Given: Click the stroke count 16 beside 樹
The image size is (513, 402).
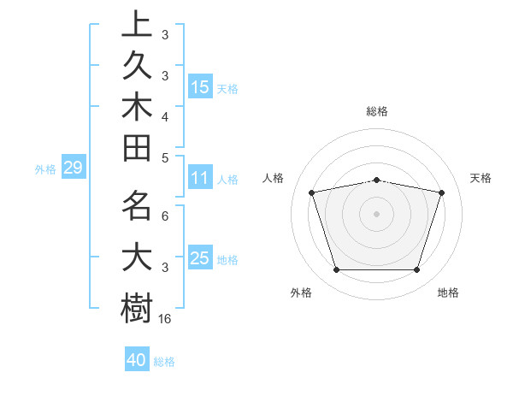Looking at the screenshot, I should tap(166, 319).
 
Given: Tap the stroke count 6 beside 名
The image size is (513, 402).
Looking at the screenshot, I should tap(165, 216).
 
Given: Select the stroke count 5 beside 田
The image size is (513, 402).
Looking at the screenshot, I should tap(165, 157).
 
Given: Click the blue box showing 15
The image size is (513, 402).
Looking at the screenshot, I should tap(200, 87).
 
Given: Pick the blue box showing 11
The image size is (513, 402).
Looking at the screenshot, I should tap(200, 179).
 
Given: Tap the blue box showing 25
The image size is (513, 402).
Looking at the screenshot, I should tap(200, 259).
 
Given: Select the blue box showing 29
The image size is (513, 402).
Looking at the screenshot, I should tap(73, 168).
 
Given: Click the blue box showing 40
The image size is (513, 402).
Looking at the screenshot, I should tap(137, 361).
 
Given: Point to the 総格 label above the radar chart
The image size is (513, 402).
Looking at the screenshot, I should tap(377, 111).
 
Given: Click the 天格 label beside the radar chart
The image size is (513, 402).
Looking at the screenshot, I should tap(481, 178).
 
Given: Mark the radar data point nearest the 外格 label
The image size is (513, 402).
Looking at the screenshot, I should tap(336, 270).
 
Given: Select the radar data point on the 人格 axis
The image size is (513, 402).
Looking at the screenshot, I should tap(312, 192).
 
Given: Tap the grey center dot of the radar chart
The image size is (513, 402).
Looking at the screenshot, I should tap(377, 214).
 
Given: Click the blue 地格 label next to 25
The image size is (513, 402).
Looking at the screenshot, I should tap(227, 260).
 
